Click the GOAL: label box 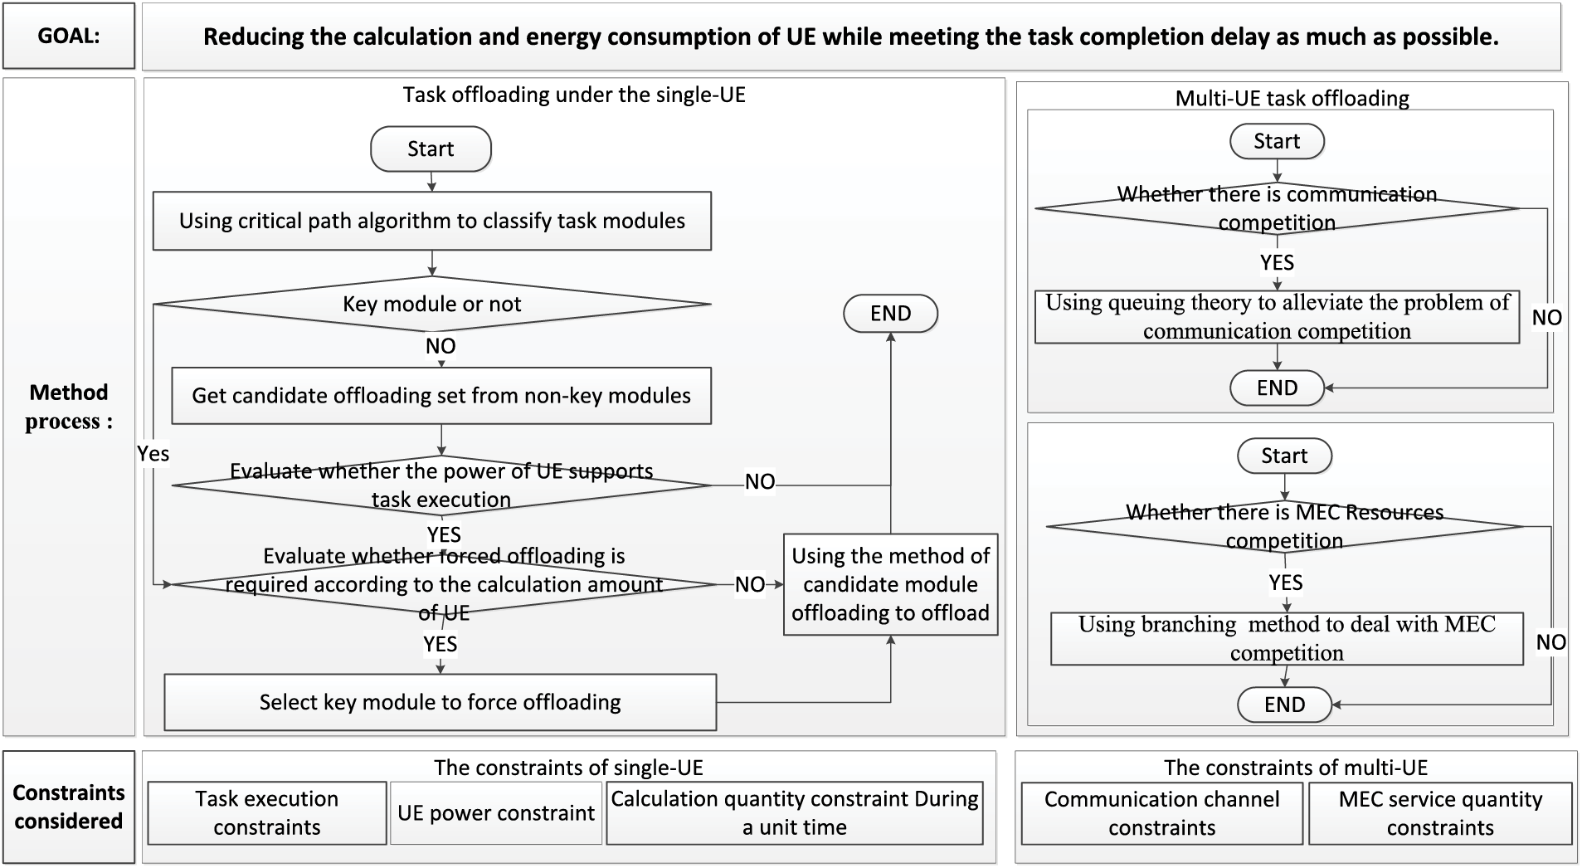click(69, 36)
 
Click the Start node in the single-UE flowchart click(431, 149)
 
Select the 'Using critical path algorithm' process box click(431, 221)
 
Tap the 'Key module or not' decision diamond click(431, 304)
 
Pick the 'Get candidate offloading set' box click(441, 396)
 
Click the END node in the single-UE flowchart click(890, 314)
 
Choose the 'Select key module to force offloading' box click(440, 702)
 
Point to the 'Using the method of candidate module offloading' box click(890, 584)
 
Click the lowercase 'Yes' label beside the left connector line click(153, 454)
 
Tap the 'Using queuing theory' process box click(1277, 317)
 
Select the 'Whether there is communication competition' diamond click(1277, 208)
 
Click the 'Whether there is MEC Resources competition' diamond click(1284, 526)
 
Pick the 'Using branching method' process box click(1286, 638)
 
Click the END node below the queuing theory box click(1277, 388)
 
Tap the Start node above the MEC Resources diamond click(1284, 456)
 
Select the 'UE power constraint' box click(495, 813)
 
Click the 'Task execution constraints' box click(266, 813)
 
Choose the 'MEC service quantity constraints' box click(1440, 813)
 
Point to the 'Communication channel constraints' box click(1161, 813)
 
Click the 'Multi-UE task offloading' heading click(1292, 98)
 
